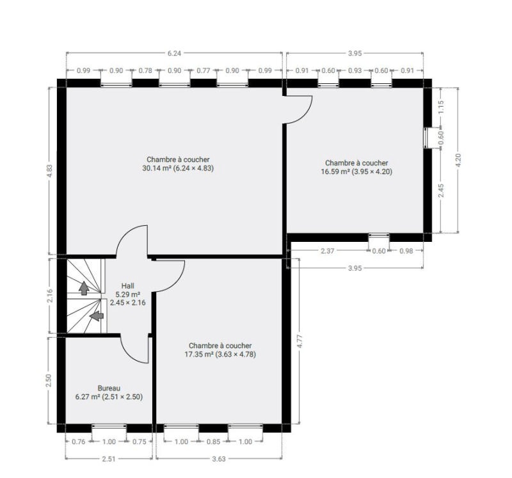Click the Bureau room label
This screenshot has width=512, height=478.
(109, 388)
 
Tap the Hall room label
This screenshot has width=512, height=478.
(127, 286)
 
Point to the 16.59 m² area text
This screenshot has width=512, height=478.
(335, 171)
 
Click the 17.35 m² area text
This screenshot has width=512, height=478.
(199, 355)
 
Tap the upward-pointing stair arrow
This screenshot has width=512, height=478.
(84, 288)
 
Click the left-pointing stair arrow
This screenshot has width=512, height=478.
(97, 315)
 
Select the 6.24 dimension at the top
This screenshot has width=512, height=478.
(174, 53)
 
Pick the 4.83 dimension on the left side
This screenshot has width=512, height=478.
(50, 171)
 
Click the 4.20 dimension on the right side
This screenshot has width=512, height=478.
(458, 160)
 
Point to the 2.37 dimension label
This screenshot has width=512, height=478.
(327, 251)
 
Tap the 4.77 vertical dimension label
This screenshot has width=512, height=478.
(300, 341)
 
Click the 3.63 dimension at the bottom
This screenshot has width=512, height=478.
(219, 459)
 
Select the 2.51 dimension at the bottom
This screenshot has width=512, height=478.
(109, 459)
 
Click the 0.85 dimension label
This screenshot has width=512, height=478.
(213, 442)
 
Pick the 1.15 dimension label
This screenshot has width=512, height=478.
(441, 107)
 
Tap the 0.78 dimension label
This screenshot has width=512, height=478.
(145, 70)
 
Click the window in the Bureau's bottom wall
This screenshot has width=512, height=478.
(109, 426)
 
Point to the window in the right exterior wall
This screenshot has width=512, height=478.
(426, 138)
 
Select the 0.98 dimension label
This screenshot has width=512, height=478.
(406, 251)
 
